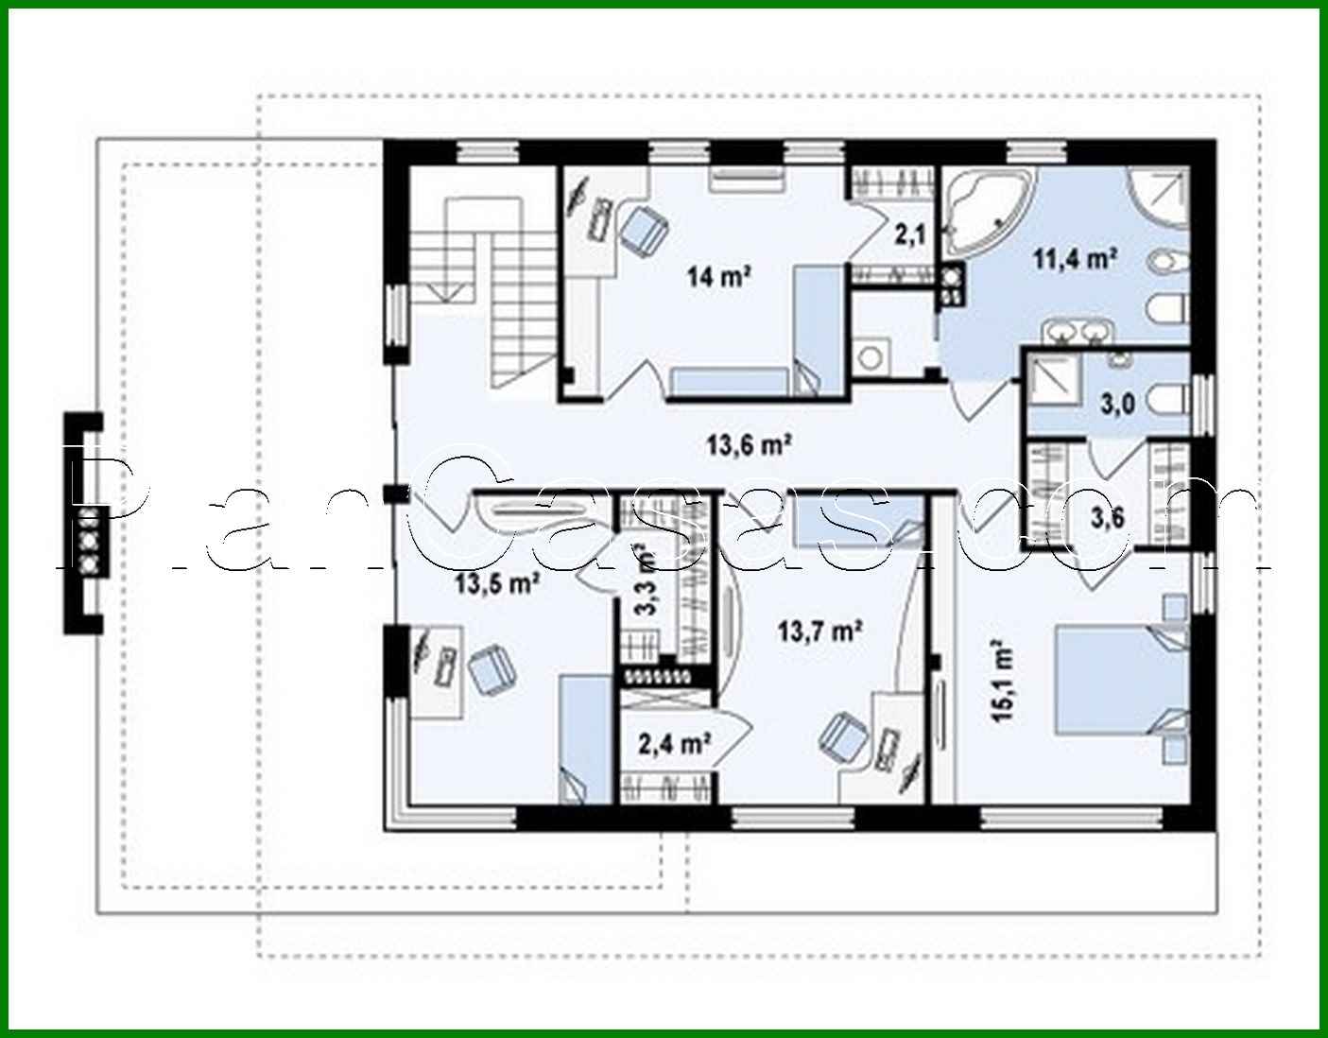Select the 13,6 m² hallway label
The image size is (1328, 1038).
pyautogui.click(x=749, y=443)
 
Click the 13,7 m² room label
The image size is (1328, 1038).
pyautogui.click(x=819, y=630)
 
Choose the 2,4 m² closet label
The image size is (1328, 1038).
pyautogui.click(x=675, y=744)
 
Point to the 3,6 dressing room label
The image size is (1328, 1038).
pyautogui.click(x=1108, y=517)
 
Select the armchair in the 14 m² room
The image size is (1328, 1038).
pyautogui.click(x=644, y=229)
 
